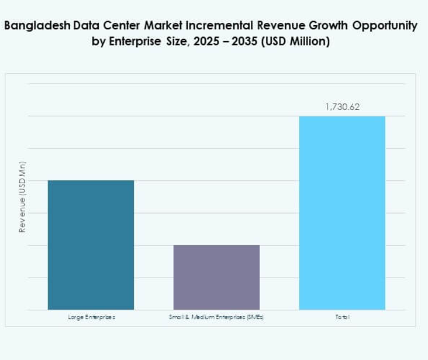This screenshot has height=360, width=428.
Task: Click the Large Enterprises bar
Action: click(x=91, y=245)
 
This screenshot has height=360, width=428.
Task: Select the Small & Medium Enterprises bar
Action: click(x=216, y=277)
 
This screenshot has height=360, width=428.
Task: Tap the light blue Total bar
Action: click(x=342, y=212)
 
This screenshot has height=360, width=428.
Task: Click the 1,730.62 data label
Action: click(x=342, y=107)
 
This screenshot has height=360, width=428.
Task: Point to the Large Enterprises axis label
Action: click(x=91, y=317)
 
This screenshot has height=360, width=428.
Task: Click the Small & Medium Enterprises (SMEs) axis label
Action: click(x=216, y=317)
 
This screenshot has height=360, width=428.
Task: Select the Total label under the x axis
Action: click(x=342, y=317)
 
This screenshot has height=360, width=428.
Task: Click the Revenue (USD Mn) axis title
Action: click(x=22, y=197)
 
